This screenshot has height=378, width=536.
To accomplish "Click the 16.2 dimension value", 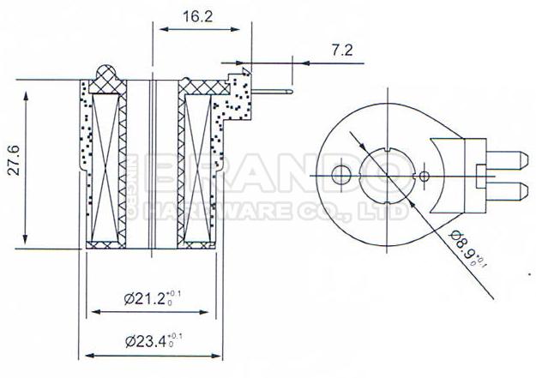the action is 197,16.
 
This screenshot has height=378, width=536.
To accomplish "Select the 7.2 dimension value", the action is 341,51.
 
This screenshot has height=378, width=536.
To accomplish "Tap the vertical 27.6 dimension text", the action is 14,160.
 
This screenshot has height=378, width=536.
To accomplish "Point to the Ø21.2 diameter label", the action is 152,298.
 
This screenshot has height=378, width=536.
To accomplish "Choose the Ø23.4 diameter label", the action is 154,340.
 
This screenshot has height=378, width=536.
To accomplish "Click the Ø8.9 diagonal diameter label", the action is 467,249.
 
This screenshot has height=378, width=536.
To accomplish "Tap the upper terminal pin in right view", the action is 508,160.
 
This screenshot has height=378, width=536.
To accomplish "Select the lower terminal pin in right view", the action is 508,191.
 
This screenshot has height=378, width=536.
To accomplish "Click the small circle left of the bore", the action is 341,176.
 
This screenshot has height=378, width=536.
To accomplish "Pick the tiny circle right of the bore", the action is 425,177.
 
